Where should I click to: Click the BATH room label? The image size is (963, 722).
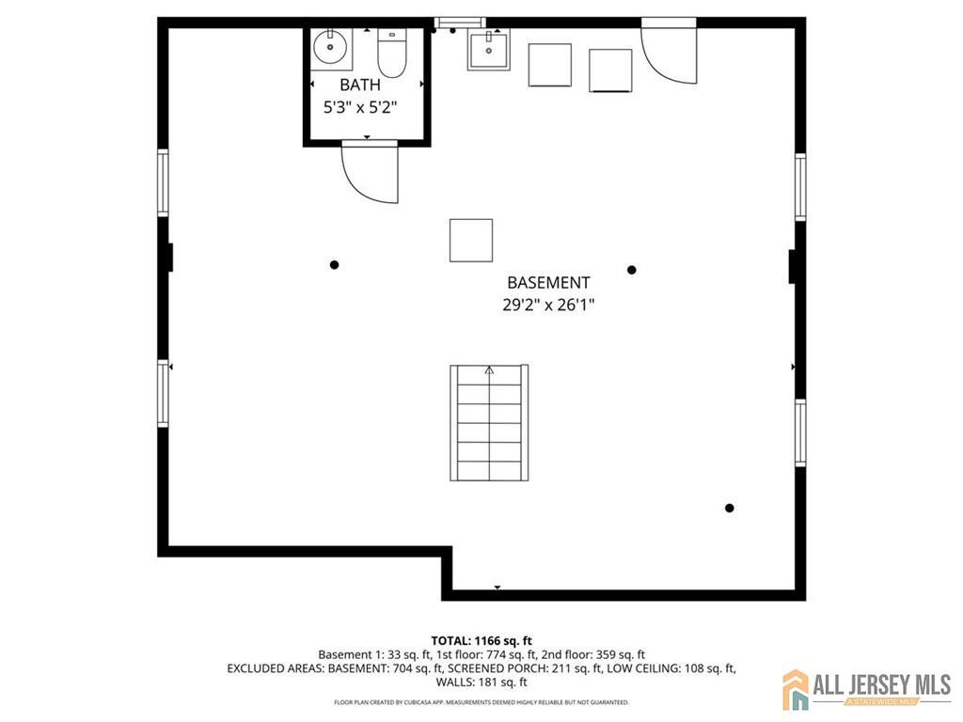pyautogui.click(x=360, y=85)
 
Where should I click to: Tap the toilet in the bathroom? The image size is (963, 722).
pyautogui.click(x=392, y=53)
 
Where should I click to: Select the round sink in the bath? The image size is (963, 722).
pyautogui.click(x=330, y=47)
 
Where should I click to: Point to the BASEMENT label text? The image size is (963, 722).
pyautogui.click(x=548, y=282)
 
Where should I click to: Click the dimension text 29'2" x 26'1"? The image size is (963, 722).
pyautogui.click(x=548, y=305)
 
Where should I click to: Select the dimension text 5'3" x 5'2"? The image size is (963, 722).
pyautogui.click(x=360, y=107)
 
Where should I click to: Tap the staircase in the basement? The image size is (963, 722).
pyautogui.click(x=489, y=422)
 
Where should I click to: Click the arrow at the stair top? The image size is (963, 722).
pyautogui.click(x=489, y=370)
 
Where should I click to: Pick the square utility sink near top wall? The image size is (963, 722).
pyautogui.click(x=489, y=51)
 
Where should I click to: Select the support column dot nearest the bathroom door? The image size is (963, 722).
pyautogui.click(x=334, y=265)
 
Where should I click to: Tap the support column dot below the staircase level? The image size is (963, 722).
pyautogui.click(x=730, y=508)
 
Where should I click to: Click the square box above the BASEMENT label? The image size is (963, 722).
pyautogui.click(x=471, y=241)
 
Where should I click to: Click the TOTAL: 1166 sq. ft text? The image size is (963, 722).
pyautogui.click(x=481, y=641)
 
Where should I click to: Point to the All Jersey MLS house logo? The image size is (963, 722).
pyautogui.click(x=796, y=689)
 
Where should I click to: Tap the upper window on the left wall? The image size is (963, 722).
pyautogui.click(x=163, y=183)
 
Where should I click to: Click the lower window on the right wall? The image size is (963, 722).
pyautogui.click(x=800, y=432)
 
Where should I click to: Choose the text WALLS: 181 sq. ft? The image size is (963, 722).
pyautogui.click(x=481, y=682)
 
